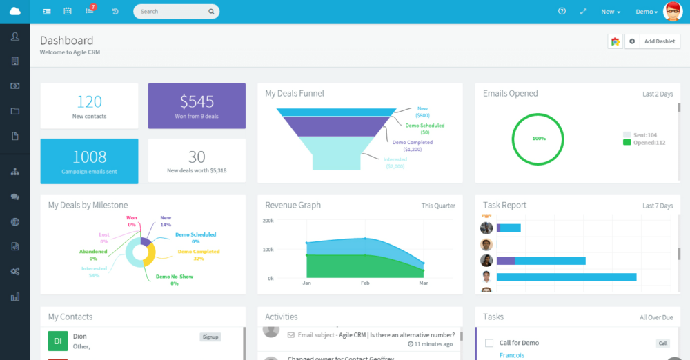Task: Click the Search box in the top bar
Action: pyautogui.click(x=172, y=12)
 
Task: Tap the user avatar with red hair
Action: pyautogui.click(x=673, y=12)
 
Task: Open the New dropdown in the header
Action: pyautogui.click(x=611, y=12)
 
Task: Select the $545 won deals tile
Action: pyautogui.click(x=197, y=106)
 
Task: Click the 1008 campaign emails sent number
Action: pyautogui.click(x=89, y=157)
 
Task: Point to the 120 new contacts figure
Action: pyautogui.click(x=89, y=102)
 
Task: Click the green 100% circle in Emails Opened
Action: pyautogui.click(x=538, y=138)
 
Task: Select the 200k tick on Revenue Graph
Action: pyautogui.click(x=268, y=221)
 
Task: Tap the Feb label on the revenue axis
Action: pyautogui.click(x=366, y=283)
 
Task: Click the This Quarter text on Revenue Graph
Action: pyautogui.click(x=438, y=206)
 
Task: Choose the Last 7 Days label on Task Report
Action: pyautogui.click(x=657, y=206)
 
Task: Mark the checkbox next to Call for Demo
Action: pyautogui.click(x=489, y=343)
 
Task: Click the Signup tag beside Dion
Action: pyautogui.click(x=210, y=337)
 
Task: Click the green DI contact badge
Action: pyautogui.click(x=57, y=341)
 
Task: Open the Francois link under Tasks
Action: pyautogui.click(x=511, y=355)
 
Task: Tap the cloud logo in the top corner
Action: pyautogui.click(x=14, y=12)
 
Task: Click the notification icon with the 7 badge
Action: pyautogui.click(x=90, y=11)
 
